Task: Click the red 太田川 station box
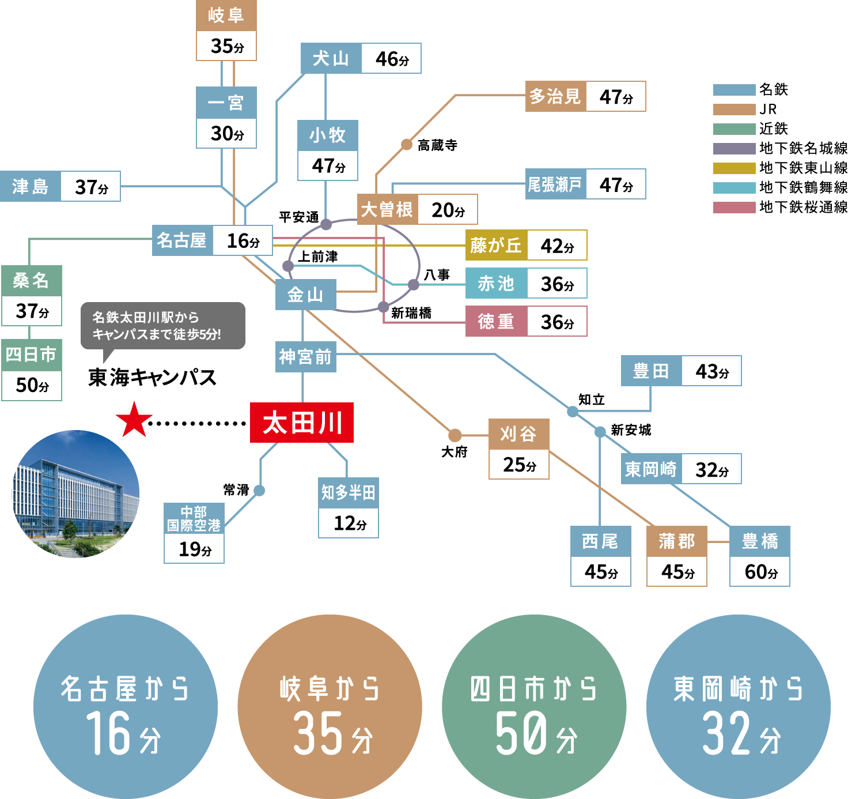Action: click(x=301, y=422)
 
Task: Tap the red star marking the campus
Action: click(x=134, y=420)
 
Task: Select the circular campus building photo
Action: click(x=75, y=493)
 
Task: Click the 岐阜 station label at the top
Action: click(x=226, y=16)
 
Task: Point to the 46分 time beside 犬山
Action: click(x=392, y=59)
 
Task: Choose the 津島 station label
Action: click(x=31, y=186)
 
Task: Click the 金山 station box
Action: click(x=305, y=295)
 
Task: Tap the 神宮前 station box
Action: click(x=305, y=357)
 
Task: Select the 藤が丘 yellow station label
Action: click(x=496, y=245)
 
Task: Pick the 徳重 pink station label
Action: click(x=496, y=321)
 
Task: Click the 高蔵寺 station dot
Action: click(x=407, y=145)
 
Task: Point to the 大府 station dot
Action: click(x=455, y=435)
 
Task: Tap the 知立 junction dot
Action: click(x=573, y=412)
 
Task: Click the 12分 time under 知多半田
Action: click(x=349, y=523)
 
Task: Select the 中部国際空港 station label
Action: click(x=194, y=518)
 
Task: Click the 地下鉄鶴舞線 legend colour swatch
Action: click(x=734, y=188)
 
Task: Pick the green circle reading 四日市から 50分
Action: click(x=533, y=706)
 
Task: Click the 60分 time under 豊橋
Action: click(x=760, y=571)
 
